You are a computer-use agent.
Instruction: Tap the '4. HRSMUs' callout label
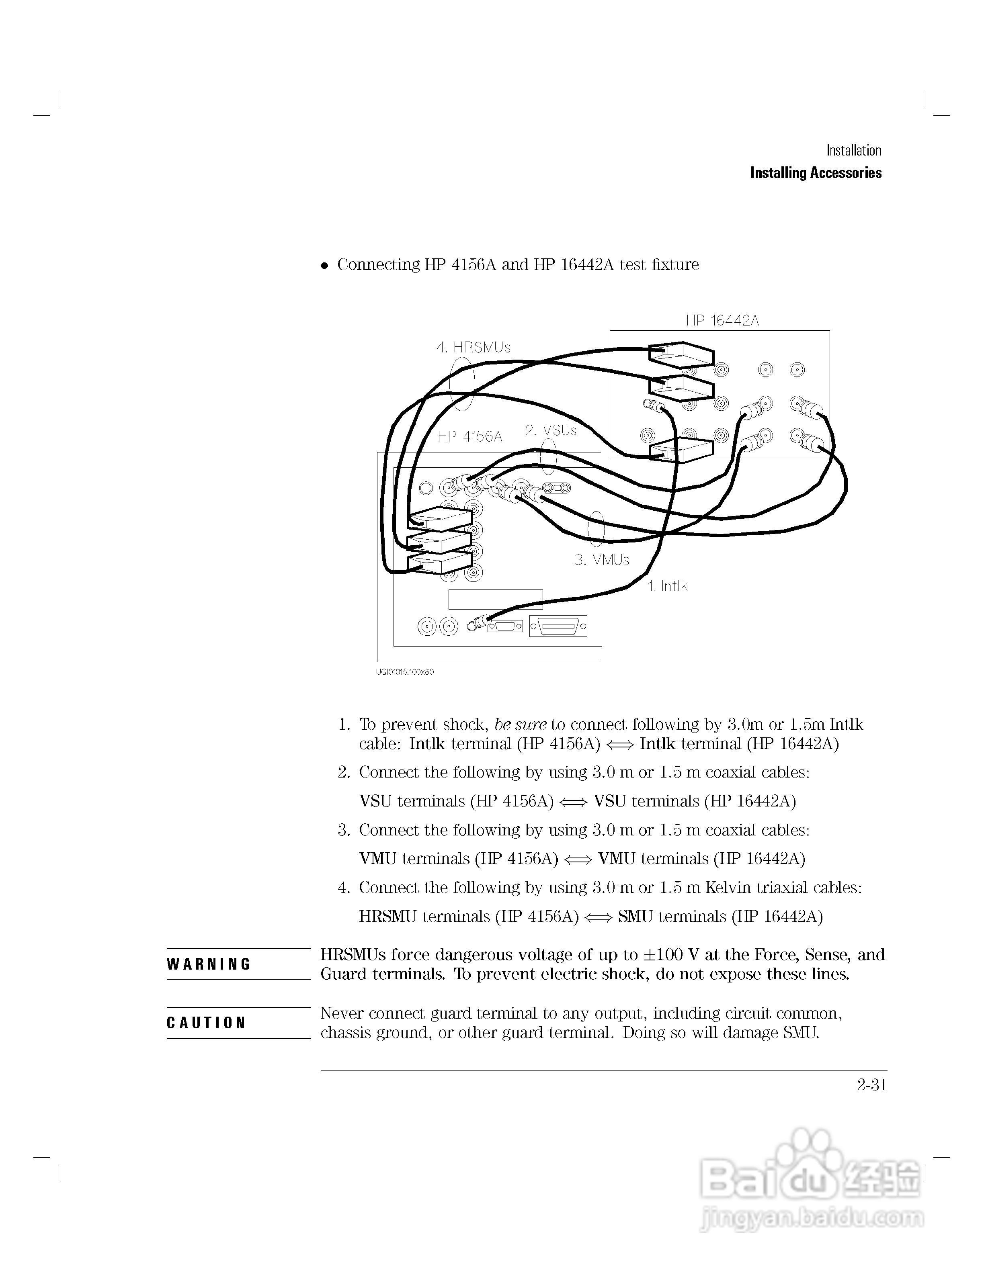pyautogui.click(x=474, y=348)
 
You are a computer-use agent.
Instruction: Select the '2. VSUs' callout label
pyautogui.click(x=550, y=430)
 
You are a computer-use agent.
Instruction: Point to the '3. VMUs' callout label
pyautogui.click(x=602, y=560)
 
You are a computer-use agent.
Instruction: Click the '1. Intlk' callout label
pyautogui.click(x=668, y=586)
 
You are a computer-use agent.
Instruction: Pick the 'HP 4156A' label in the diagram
pyautogui.click(x=470, y=436)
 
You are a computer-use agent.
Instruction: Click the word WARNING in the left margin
pyautogui.click(x=209, y=964)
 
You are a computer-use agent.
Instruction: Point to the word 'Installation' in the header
pyautogui.click(x=853, y=150)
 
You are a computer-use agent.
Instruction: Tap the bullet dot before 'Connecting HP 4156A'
pyautogui.click(x=325, y=266)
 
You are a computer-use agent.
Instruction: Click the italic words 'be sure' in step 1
pyautogui.click(x=520, y=725)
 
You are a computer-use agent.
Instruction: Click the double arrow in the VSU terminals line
pyautogui.click(x=573, y=802)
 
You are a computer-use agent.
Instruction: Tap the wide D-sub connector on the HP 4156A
pyautogui.click(x=558, y=626)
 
